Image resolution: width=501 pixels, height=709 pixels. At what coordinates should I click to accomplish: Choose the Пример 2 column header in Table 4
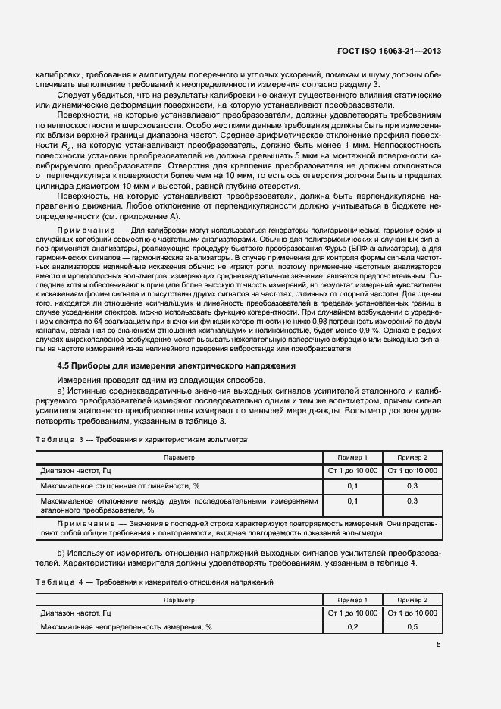pyautogui.click(x=412, y=599)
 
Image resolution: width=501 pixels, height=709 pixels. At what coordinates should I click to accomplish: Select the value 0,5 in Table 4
pyautogui.click(x=412, y=627)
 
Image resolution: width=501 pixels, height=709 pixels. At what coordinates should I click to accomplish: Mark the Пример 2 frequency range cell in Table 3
pyautogui.click(x=412, y=471)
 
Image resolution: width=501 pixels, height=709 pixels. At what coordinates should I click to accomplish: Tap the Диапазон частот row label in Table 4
pyautogui.click(x=76, y=613)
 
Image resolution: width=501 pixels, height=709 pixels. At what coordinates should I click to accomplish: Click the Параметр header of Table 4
pyautogui.click(x=179, y=599)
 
